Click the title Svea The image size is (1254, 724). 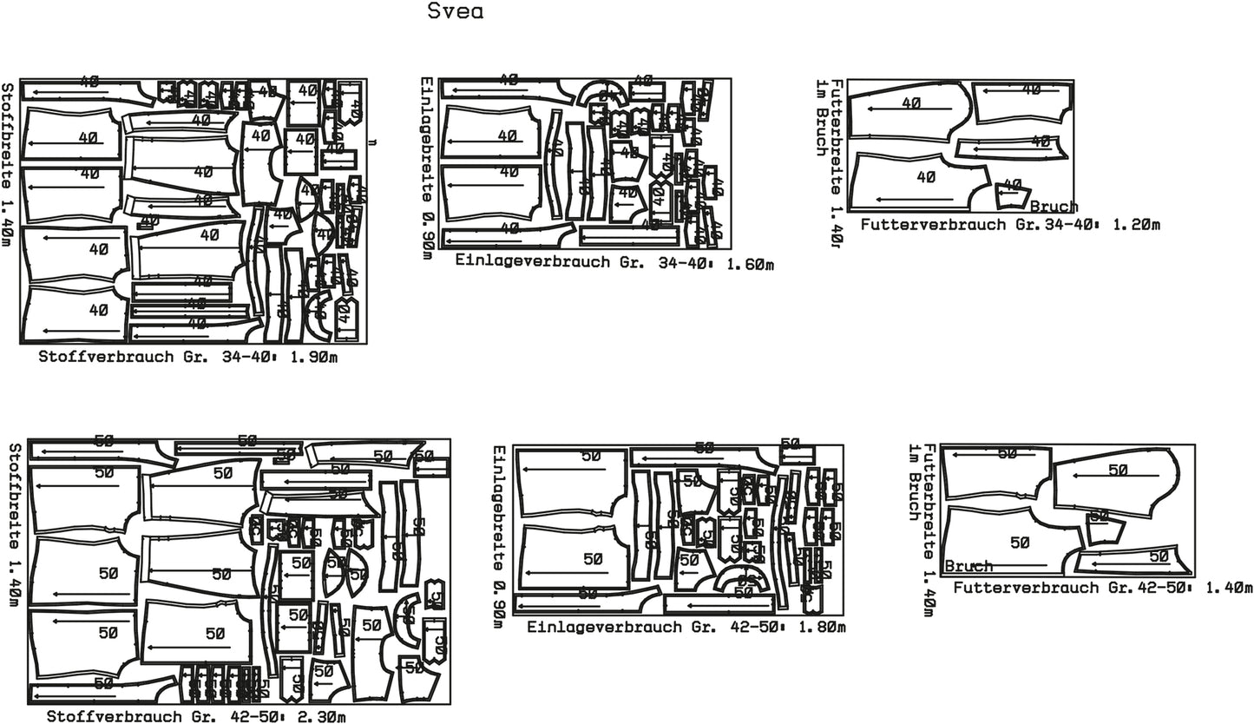456,12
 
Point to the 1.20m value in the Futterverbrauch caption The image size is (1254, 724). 1136,225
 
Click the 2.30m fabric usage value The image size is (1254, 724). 323,717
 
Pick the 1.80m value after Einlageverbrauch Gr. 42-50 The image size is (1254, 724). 822,627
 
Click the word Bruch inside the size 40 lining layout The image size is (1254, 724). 1054,207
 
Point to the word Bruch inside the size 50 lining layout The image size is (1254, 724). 968,566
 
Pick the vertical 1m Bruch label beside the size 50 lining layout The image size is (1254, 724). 913,483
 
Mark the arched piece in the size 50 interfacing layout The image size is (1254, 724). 742,581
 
